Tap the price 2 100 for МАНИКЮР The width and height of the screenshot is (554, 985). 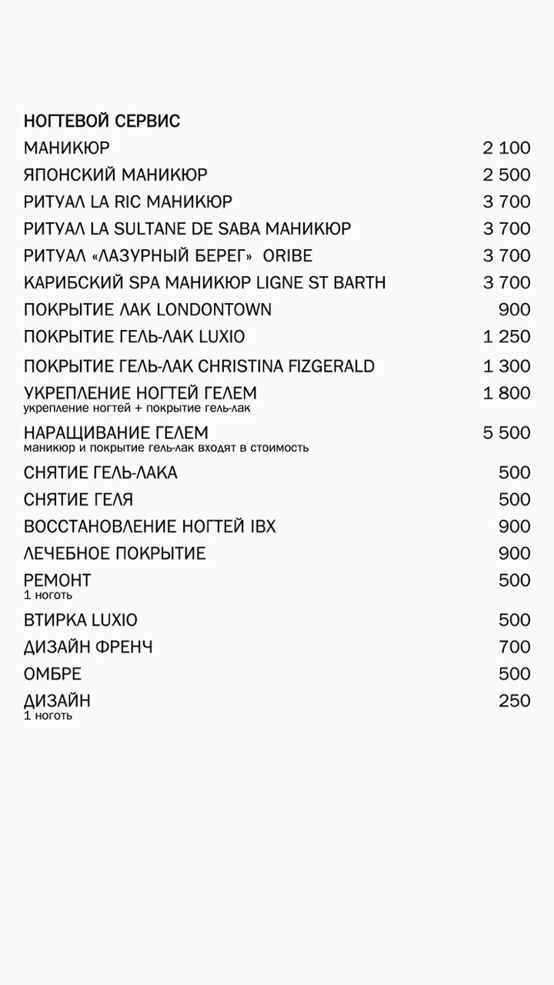click(506, 148)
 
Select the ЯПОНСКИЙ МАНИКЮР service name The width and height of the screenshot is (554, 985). click(115, 175)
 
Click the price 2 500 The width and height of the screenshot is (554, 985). click(506, 175)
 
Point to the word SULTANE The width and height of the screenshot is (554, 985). click(158, 229)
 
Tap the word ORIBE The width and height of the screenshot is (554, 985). click(288, 255)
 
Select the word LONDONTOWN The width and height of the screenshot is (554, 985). click(214, 309)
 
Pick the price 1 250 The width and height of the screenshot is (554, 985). click(506, 336)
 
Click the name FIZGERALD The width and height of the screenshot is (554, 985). click(332, 366)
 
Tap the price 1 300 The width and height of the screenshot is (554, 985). click(506, 366)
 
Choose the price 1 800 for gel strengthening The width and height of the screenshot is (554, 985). click(506, 393)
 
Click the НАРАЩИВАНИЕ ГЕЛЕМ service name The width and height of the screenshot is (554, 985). click(116, 432)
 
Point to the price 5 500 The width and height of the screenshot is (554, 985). click(506, 432)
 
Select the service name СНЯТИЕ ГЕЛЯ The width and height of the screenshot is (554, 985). click(78, 499)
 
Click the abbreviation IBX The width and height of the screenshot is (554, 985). click(262, 526)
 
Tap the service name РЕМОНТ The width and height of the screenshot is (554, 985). click(58, 580)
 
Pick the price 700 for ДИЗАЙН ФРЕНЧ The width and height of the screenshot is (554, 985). click(514, 646)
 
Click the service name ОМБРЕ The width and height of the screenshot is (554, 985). click(53, 673)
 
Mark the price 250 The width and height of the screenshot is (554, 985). click(514, 700)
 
